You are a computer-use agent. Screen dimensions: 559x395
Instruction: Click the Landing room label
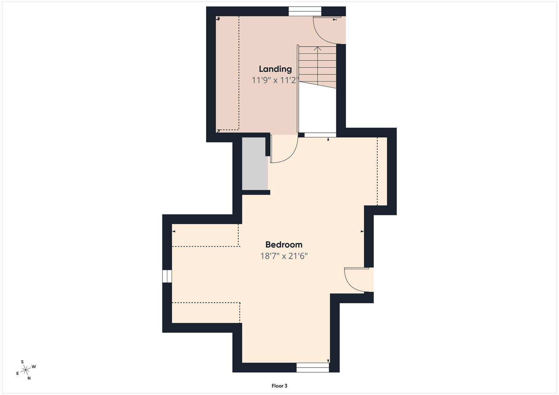click(275, 69)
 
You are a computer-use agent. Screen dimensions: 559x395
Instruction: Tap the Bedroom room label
click(284, 244)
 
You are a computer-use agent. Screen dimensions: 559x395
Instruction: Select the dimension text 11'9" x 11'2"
click(275, 80)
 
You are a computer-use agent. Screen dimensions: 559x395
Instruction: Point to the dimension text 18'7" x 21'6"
click(284, 256)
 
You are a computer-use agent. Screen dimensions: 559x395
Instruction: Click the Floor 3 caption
click(279, 386)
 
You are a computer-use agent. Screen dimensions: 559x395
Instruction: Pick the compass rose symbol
click(26, 369)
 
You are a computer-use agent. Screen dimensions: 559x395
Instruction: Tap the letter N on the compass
click(29, 378)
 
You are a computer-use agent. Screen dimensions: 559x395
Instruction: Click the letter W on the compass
click(34, 366)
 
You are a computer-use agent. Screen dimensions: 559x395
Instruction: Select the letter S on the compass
click(22, 362)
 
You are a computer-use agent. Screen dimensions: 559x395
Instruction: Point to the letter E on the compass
click(18, 373)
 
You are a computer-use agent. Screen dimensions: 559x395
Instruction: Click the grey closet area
click(255, 163)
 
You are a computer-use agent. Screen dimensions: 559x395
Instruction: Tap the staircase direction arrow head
click(317, 48)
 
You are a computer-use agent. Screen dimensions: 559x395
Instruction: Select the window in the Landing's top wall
click(305, 11)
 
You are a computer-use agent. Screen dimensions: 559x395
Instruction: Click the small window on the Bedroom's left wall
click(167, 276)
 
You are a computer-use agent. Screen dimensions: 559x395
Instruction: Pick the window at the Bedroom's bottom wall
click(313, 368)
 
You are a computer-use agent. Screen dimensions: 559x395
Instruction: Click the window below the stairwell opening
click(320, 135)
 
